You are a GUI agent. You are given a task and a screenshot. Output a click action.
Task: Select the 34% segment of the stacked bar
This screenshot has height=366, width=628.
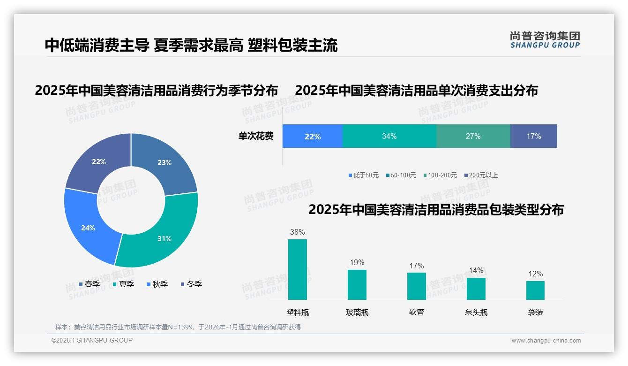(389, 136)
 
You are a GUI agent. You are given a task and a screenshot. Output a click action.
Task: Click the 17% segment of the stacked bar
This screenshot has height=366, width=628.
(533, 136)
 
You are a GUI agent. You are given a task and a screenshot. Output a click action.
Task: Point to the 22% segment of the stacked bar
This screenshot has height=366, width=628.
(313, 136)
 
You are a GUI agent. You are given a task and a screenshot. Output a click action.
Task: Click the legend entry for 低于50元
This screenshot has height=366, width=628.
(364, 175)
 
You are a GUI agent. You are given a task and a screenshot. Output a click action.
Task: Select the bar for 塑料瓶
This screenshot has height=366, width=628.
(298, 269)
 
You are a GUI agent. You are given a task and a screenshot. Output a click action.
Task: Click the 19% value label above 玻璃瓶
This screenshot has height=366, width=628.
(357, 263)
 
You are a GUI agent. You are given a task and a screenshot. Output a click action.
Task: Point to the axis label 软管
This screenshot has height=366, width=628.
(417, 313)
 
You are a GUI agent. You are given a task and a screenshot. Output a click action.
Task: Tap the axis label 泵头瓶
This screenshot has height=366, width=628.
(476, 313)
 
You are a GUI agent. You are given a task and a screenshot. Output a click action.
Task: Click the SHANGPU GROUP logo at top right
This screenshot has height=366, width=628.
(545, 39)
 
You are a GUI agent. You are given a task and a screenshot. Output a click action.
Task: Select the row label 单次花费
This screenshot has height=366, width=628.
(256, 137)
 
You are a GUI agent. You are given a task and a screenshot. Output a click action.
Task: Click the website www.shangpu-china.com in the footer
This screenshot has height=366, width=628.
(546, 341)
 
